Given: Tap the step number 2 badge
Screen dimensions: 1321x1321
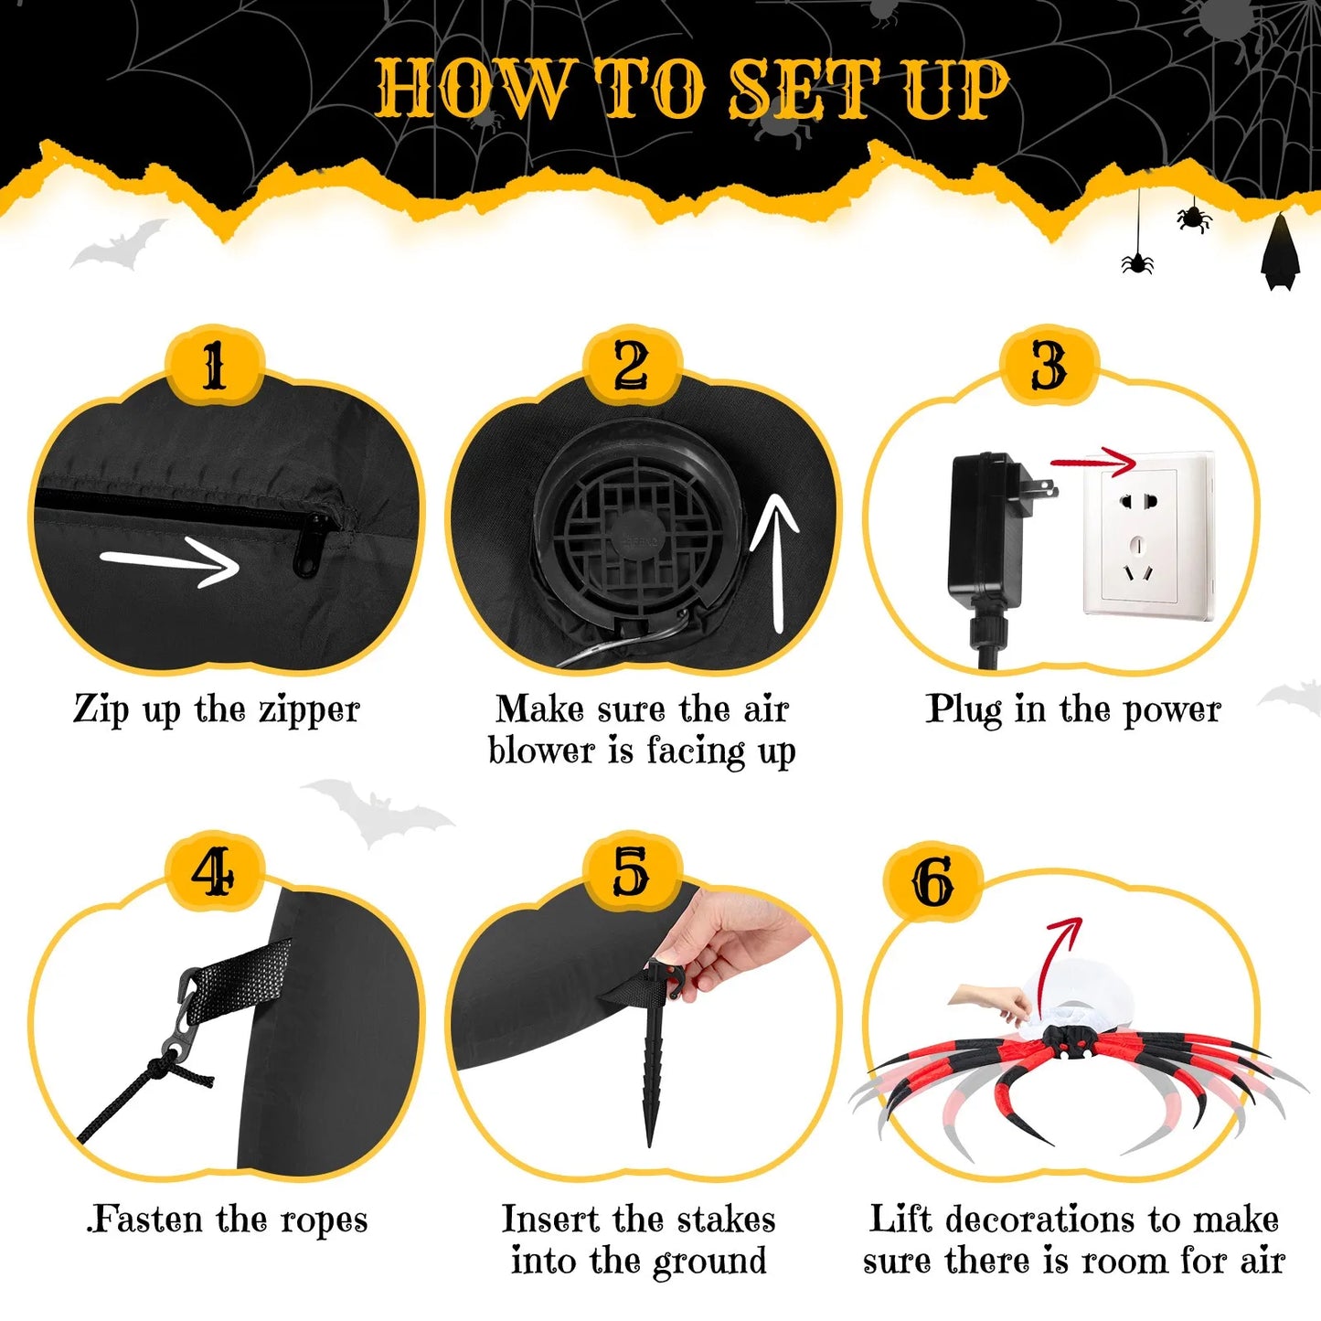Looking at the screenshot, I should pyautogui.click(x=632, y=366).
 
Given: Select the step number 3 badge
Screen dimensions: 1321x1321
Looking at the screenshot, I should pyautogui.click(x=1049, y=366).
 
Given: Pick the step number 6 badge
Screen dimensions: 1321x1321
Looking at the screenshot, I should pyautogui.click(x=932, y=882).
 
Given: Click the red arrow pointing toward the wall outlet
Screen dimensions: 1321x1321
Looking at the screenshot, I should pyautogui.click(x=1092, y=462).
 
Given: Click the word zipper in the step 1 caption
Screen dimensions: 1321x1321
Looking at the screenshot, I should pyautogui.click(x=309, y=710).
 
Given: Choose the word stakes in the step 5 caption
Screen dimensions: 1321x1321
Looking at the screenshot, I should pyautogui.click(x=726, y=1219).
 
